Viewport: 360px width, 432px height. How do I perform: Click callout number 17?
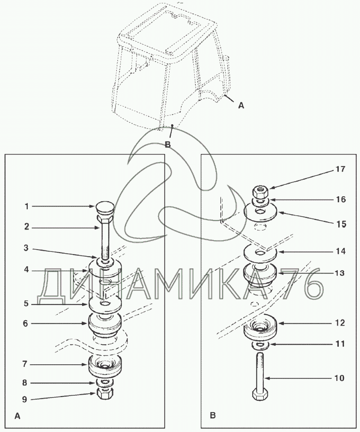[341, 169]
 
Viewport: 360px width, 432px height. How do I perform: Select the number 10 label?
[339, 378]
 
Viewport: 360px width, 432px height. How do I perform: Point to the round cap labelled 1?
[105, 208]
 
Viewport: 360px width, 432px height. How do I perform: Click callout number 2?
[27, 227]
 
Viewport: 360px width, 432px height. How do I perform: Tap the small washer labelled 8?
[105, 382]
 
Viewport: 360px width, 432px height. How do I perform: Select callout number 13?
[339, 273]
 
